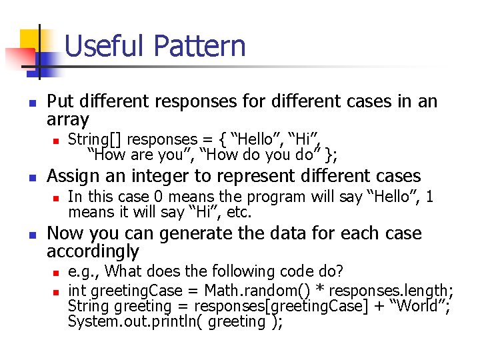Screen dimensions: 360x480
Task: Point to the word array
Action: [x=68, y=120]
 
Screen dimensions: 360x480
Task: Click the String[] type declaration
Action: [x=95, y=139]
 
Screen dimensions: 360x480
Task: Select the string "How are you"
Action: [x=140, y=155]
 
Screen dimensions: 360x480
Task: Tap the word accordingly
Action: [x=93, y=252]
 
